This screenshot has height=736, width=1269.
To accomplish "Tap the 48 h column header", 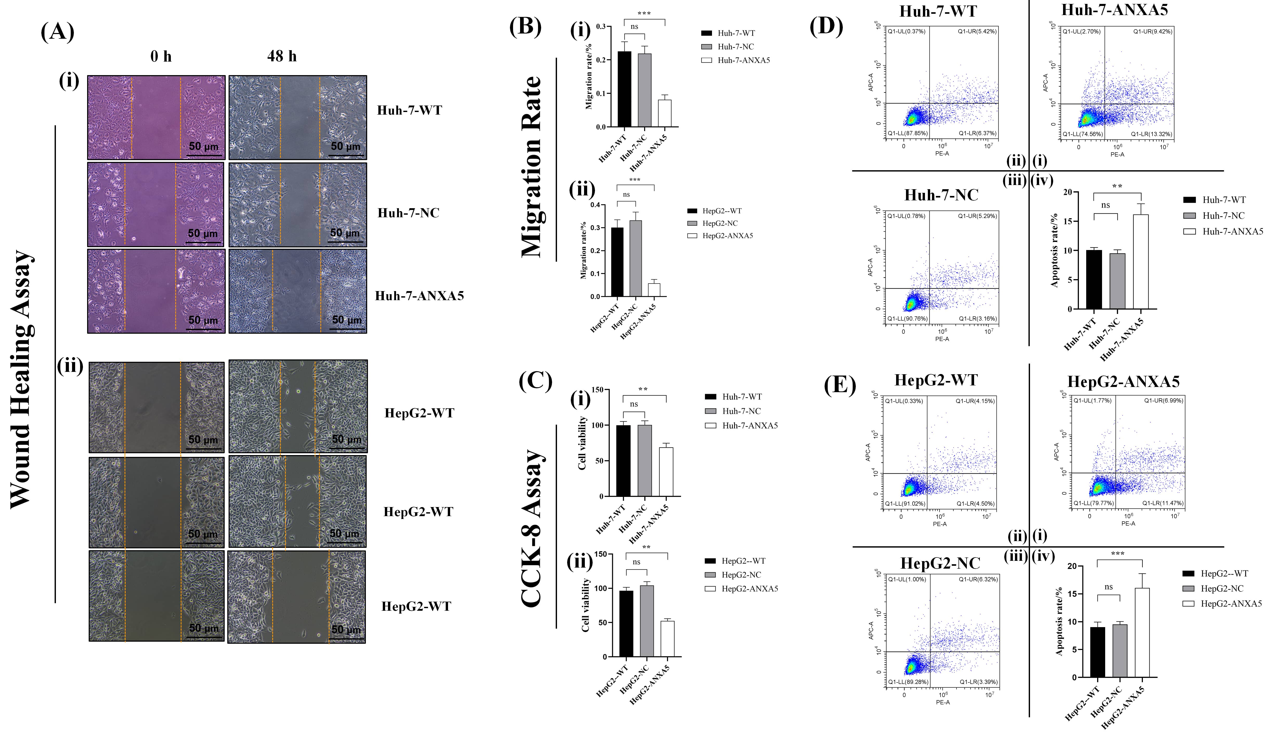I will pos(282,56).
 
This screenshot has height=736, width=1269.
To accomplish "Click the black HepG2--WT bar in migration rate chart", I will pos(617,262).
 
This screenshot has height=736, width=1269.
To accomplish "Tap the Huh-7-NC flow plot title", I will pos(941,195).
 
